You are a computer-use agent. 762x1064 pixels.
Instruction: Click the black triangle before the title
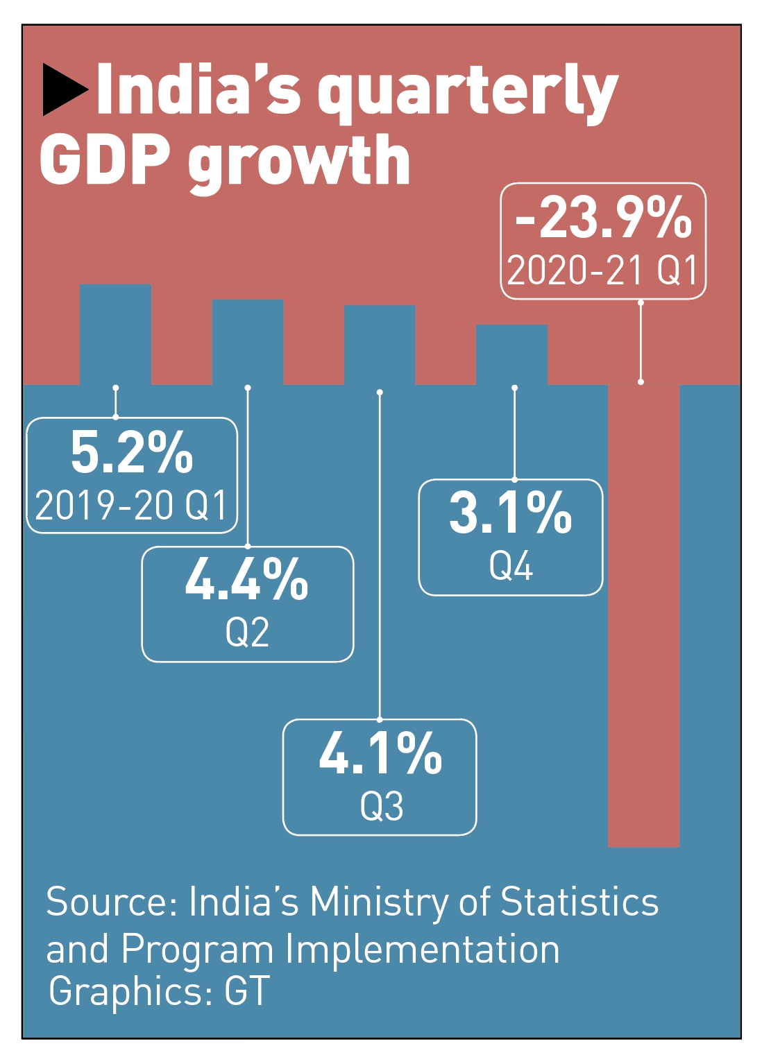(64, 89)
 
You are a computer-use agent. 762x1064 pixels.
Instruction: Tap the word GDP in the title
(105, 160)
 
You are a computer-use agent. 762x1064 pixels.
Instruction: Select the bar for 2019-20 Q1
(115, 334)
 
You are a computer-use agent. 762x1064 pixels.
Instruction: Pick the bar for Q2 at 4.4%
(247, 341)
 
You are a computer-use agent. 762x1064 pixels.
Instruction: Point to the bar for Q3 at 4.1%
(380, 344)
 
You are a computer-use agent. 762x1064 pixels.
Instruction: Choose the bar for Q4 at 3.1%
(511, 354)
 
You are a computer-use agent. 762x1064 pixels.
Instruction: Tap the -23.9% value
(603, 218)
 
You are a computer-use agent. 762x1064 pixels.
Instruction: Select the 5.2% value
(132, 453)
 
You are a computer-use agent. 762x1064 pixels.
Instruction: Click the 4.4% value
(246, 580)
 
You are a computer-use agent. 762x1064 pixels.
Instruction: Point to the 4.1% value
(380, 753)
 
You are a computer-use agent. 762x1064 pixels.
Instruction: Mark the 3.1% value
(510, 513)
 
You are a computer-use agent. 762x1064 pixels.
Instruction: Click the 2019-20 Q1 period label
(131, 505)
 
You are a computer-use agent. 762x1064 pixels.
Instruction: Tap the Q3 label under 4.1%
(381, 806)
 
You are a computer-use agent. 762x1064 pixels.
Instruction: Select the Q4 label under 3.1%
(511, 566)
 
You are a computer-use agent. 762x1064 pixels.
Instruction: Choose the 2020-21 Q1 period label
(602, 270)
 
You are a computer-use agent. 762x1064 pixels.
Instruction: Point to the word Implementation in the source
(423, 949)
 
